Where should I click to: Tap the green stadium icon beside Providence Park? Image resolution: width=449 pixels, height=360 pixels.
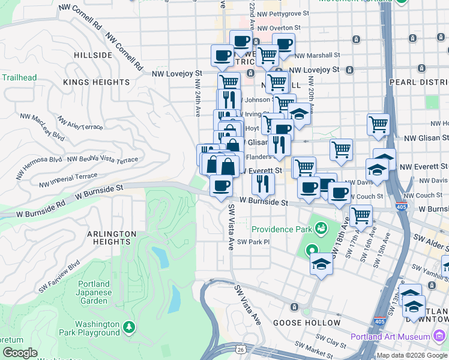(x=321, y=229)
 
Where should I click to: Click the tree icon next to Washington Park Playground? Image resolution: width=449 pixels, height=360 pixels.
(x=128, y=327)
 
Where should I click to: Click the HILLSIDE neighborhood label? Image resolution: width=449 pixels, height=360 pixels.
(x=93, y=55)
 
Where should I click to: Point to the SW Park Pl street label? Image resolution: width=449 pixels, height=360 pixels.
(x=254, y=242)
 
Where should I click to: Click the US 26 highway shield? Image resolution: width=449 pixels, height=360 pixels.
(x=240, y=348)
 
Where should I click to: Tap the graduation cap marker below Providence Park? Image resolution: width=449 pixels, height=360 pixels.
(x=321, y=264)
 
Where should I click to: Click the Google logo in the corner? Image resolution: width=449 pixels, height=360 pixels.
(x=20, y=353)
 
